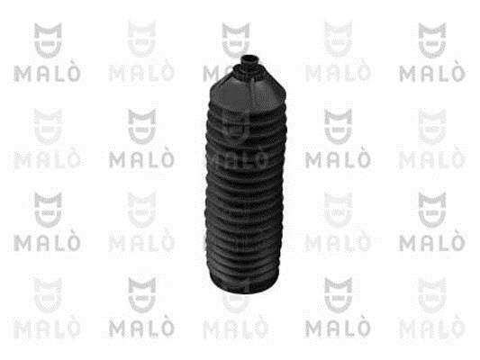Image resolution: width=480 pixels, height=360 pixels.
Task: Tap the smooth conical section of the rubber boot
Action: click(248, 91)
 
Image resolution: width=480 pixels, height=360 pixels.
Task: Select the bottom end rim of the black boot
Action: click(244, 283)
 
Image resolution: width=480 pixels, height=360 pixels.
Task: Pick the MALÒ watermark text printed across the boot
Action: click(236, 159)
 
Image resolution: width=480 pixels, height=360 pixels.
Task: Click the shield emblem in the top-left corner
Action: click(48, 40)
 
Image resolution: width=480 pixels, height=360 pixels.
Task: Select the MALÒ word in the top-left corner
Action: click(47, 74)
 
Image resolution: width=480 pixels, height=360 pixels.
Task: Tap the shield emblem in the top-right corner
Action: click(432, 40)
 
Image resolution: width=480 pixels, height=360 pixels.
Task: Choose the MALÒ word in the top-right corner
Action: click(432, 74)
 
